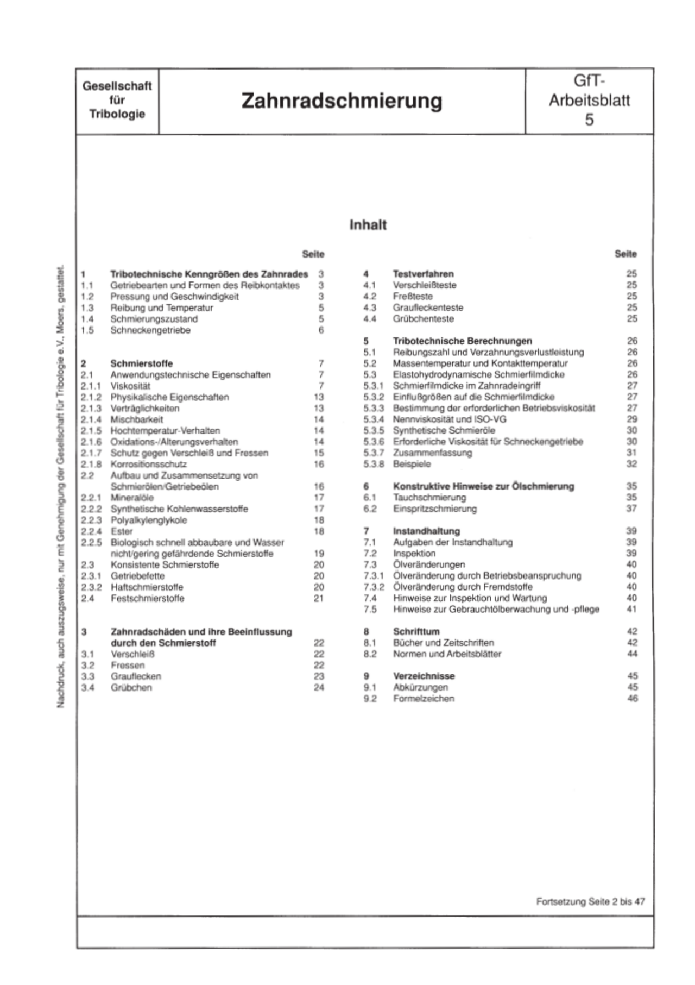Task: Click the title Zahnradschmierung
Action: tap(342, 101)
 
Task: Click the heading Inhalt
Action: tap(368, 225)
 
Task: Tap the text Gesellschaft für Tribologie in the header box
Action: tap(117, 100)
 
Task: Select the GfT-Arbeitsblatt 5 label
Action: tap(589, 101)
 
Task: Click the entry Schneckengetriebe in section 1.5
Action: tap(150, 330)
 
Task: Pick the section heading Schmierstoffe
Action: tap(141, 363)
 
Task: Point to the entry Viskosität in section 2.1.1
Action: tap(130, 386)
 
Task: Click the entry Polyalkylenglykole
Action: tap(149, 520)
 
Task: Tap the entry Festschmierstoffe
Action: tap(147, 598)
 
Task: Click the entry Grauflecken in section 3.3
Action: tap(136, 676)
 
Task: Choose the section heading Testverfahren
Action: tap(423, 274)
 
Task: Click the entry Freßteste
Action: tap(413, 296)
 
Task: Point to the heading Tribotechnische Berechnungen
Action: tap(462, 341)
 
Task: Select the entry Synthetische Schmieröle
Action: tap(444, 430)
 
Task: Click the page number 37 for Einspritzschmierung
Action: tap(631, 509)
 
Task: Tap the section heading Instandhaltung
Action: tap(426, 531)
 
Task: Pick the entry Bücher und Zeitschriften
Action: tap(443, 643)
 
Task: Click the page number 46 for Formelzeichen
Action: tap(632, 699)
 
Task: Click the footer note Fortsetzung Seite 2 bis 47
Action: tap(590, 901)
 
